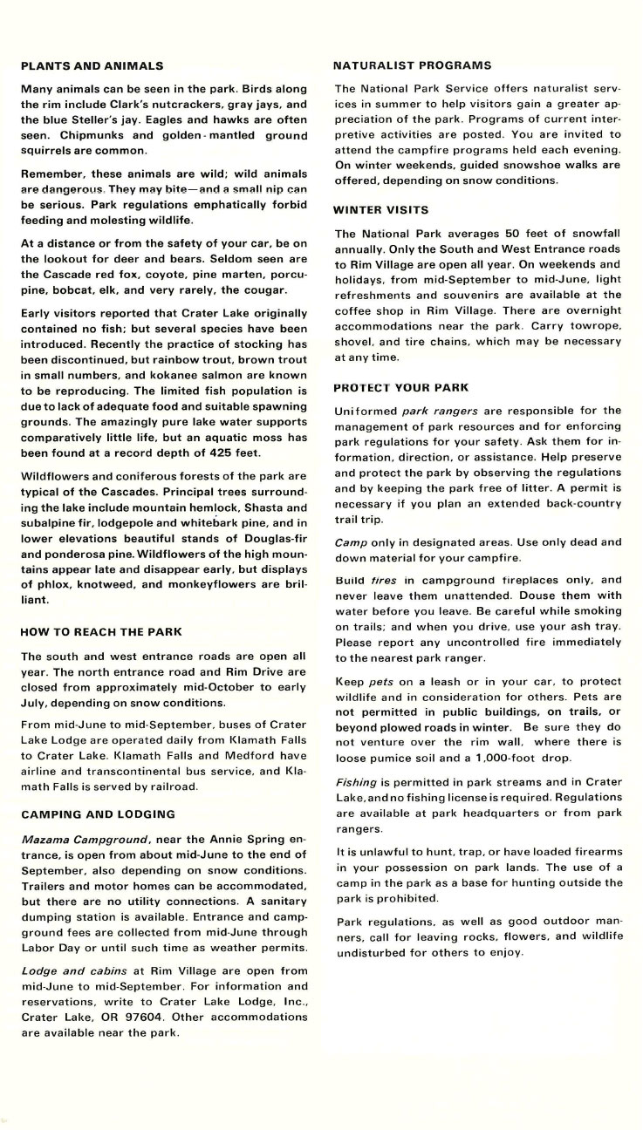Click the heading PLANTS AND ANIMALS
92,65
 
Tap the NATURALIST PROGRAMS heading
413,65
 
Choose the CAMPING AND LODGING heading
98,814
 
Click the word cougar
286,289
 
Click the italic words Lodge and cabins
74,970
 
